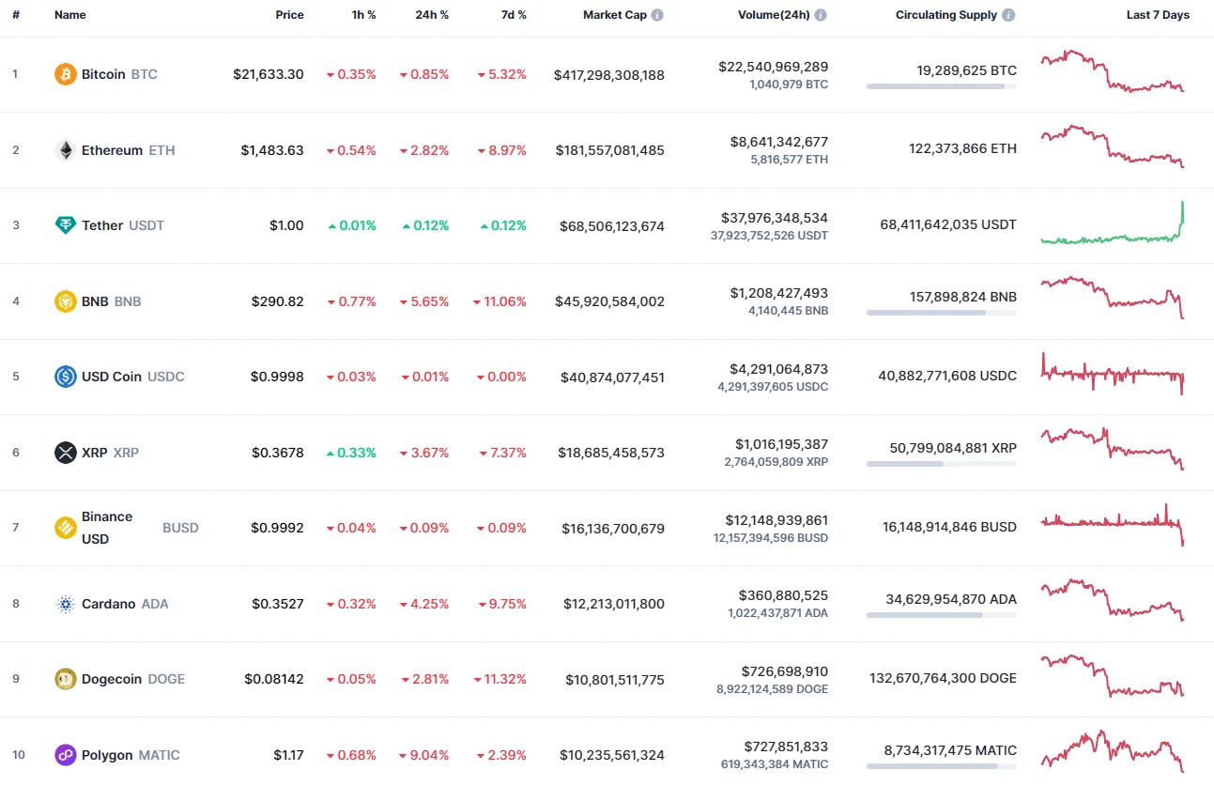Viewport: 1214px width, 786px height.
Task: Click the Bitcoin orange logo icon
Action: coord(65,74)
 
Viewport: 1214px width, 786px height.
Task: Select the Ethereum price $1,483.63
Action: coord(271,150)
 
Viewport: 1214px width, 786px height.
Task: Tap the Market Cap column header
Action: coord(614,15)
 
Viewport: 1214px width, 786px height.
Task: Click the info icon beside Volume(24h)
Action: coord(821,15)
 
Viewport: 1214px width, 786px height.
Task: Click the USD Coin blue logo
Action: coord(65,377)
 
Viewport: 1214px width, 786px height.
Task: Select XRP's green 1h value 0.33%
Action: coord(351,453)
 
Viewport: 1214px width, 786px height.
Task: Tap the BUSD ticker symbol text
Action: coord(180,528)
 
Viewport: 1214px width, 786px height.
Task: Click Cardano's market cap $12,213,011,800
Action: coord(613,604)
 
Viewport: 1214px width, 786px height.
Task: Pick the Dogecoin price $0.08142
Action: coord(273,679)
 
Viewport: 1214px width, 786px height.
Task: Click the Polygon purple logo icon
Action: coord(65,755)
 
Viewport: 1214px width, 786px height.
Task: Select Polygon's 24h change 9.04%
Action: coord(424,755)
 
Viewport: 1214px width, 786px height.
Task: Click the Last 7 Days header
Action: coord(1158,15)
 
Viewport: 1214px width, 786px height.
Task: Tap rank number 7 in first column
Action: coord(15,528)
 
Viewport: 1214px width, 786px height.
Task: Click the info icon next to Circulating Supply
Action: coord(1008,15)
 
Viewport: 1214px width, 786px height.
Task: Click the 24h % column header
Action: coord(431,15)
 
